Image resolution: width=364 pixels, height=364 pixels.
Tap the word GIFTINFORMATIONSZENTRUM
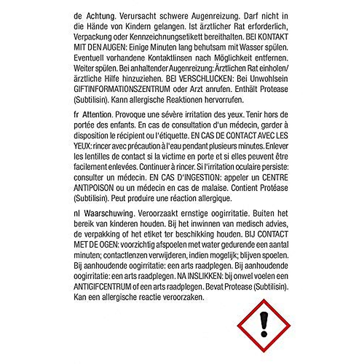tap(121, 89)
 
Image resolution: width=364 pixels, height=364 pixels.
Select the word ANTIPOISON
tap(93, 188)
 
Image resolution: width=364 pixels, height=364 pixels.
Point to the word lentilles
tap(93, 157)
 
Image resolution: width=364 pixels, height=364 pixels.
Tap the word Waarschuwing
tap(109, 214)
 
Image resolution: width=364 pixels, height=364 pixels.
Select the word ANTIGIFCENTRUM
tap(103, 287)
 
